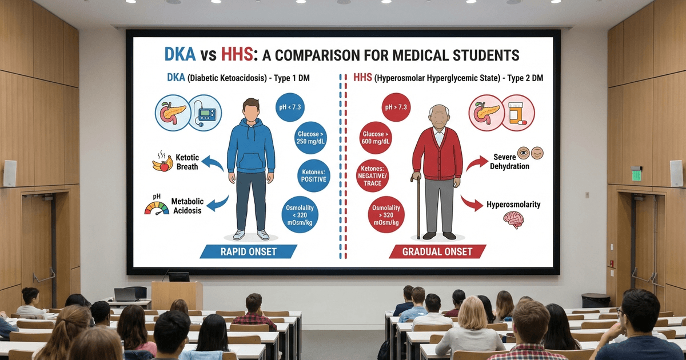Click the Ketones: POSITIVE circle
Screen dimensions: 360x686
[x=313, y=175]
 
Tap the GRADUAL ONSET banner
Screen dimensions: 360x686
[x=437, y=251]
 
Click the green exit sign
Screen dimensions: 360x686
[x=636, y=174]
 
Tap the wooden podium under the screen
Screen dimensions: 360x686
[x=177, y=295]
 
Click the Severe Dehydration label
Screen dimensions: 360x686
[x=509, y=162]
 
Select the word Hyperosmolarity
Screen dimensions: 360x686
[x=513, y=204]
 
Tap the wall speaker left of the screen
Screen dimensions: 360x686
[x=10, y=173]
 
